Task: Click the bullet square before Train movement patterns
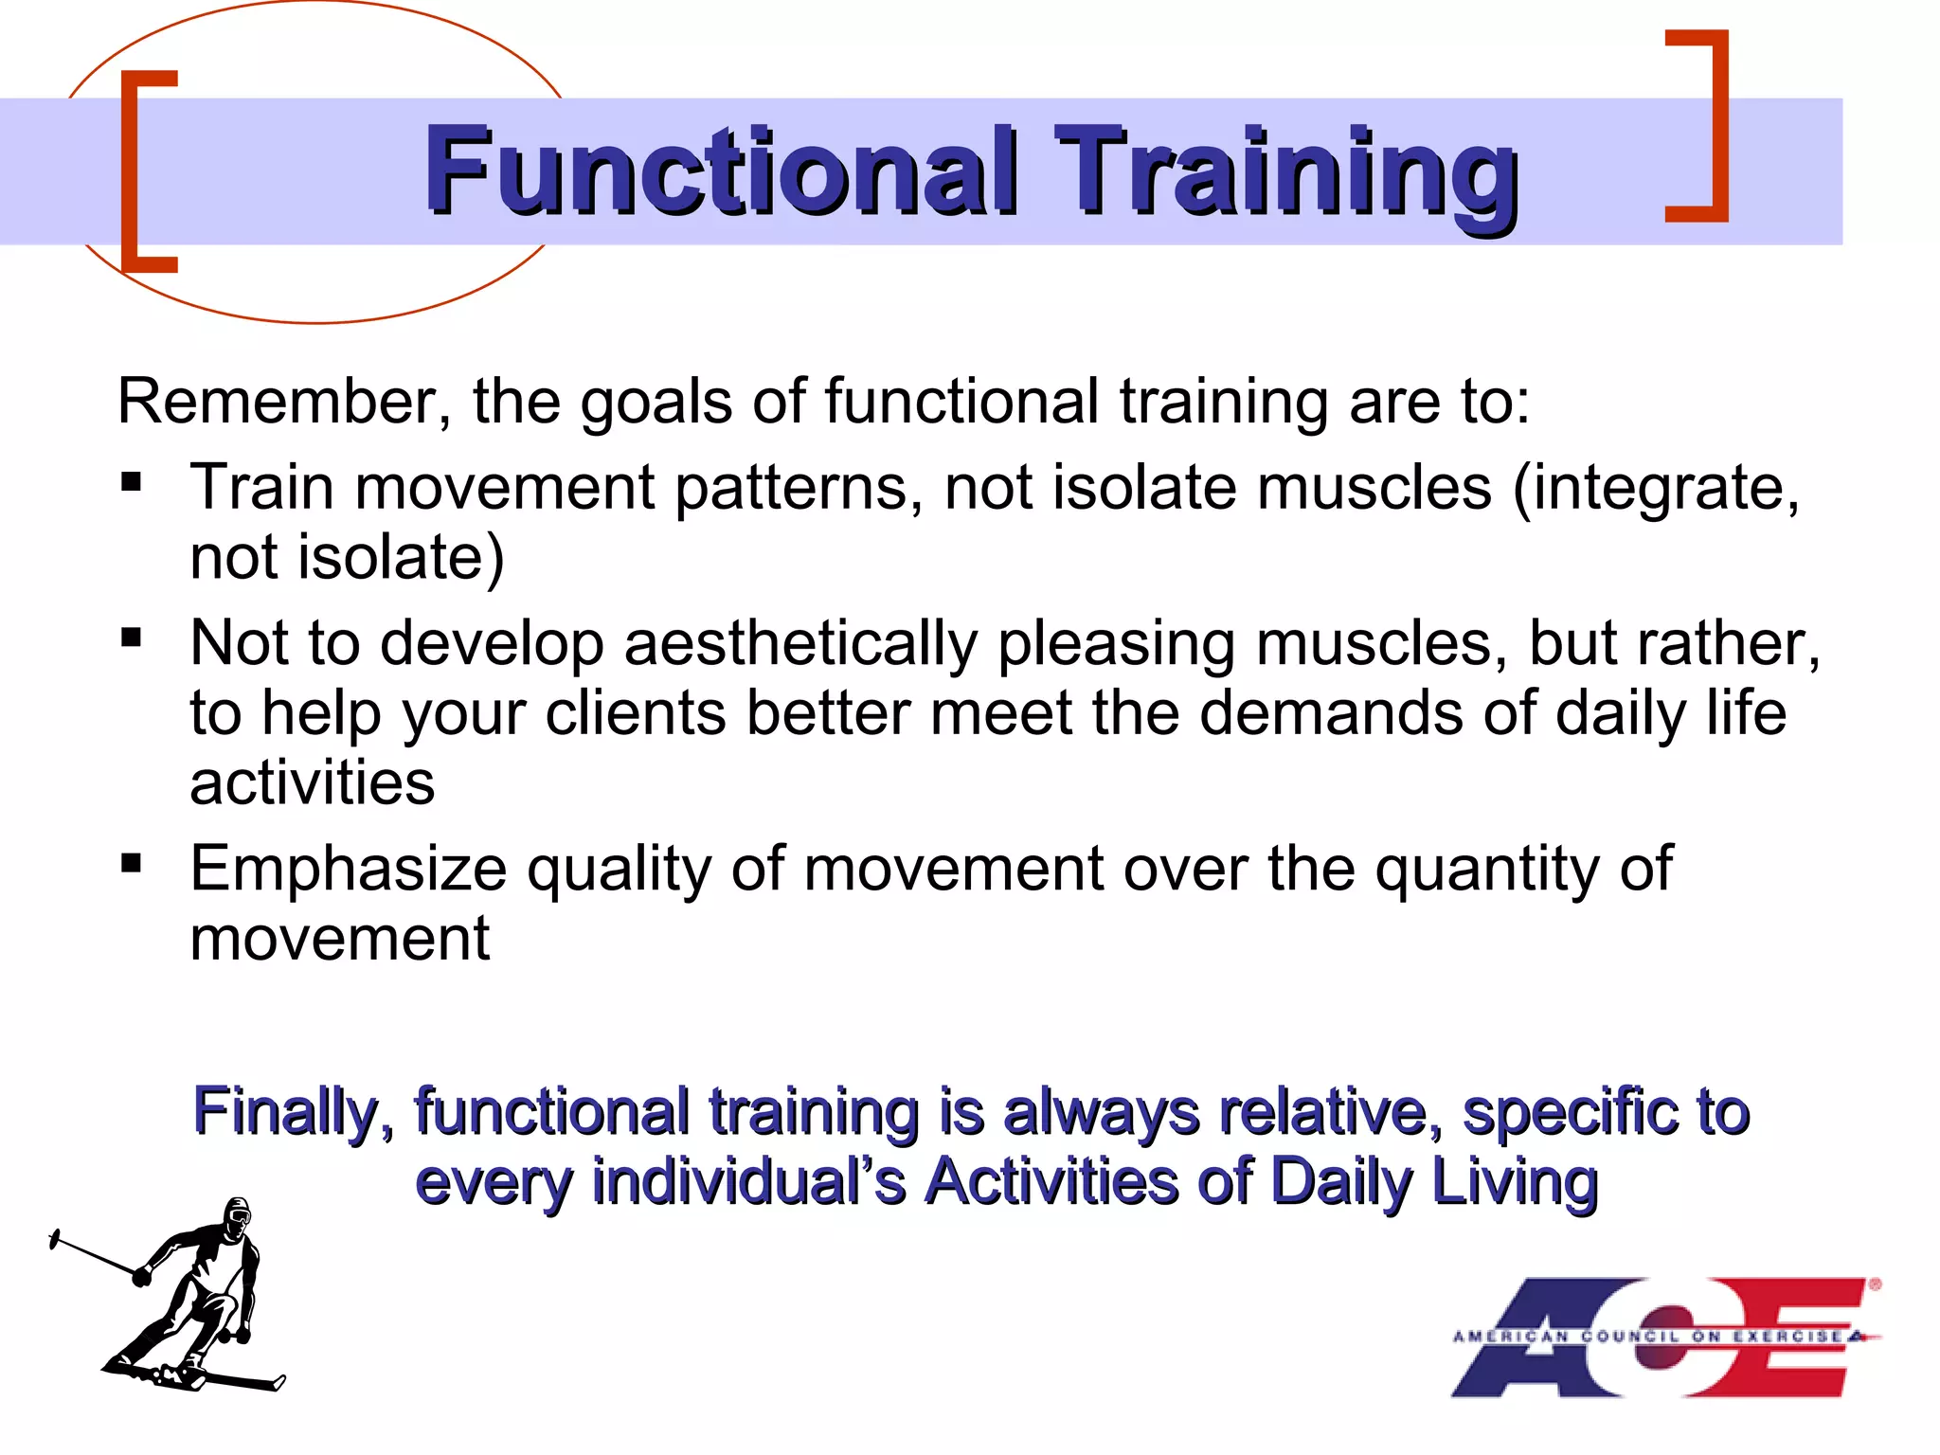(x=132, y=482)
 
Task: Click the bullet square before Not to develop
(x=132, y=638)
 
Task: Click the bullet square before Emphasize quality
(x=132, y=863)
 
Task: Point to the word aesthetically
(x=800, y=644)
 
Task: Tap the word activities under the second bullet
(x=313, y=783)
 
